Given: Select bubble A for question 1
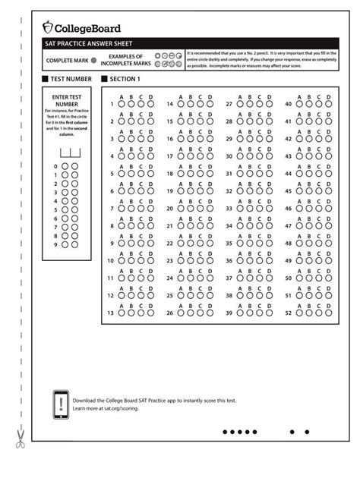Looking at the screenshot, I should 122,104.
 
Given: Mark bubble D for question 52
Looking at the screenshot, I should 328,312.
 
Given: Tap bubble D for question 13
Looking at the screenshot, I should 150,312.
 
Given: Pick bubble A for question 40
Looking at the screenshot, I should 299,104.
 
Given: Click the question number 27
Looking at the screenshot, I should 229,104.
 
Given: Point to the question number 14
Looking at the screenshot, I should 169,104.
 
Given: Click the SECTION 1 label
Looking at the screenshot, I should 125,79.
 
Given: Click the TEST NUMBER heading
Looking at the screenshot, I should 71,79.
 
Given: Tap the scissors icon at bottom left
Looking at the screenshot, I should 21,438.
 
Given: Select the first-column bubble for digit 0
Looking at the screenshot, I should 65,166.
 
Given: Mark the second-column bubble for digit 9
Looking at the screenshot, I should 74,244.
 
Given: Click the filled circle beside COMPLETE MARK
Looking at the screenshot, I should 93,60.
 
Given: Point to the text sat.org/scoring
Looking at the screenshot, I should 122,408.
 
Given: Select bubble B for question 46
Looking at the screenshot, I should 309,208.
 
